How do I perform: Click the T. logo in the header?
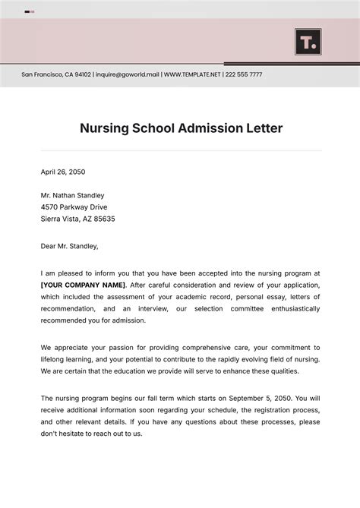coord(308,42)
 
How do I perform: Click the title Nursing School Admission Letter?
coord(181,128)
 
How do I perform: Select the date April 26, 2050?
coord(63,172)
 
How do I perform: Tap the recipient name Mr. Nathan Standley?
coord(73,195)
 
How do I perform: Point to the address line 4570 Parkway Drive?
coord(74,207)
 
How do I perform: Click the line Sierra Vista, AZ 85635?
coord(77,219)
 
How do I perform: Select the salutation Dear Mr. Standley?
coord(69,246)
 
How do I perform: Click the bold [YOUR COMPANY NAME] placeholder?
coord(84,285)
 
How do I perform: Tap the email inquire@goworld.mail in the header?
coord(127,75)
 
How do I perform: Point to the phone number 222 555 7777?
coord(244,75)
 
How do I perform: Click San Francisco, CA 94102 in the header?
coord(56,75)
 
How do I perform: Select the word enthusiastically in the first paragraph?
coord(288,309)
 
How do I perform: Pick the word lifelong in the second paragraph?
coord(56,359)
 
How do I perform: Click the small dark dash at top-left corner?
coord(27,12)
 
